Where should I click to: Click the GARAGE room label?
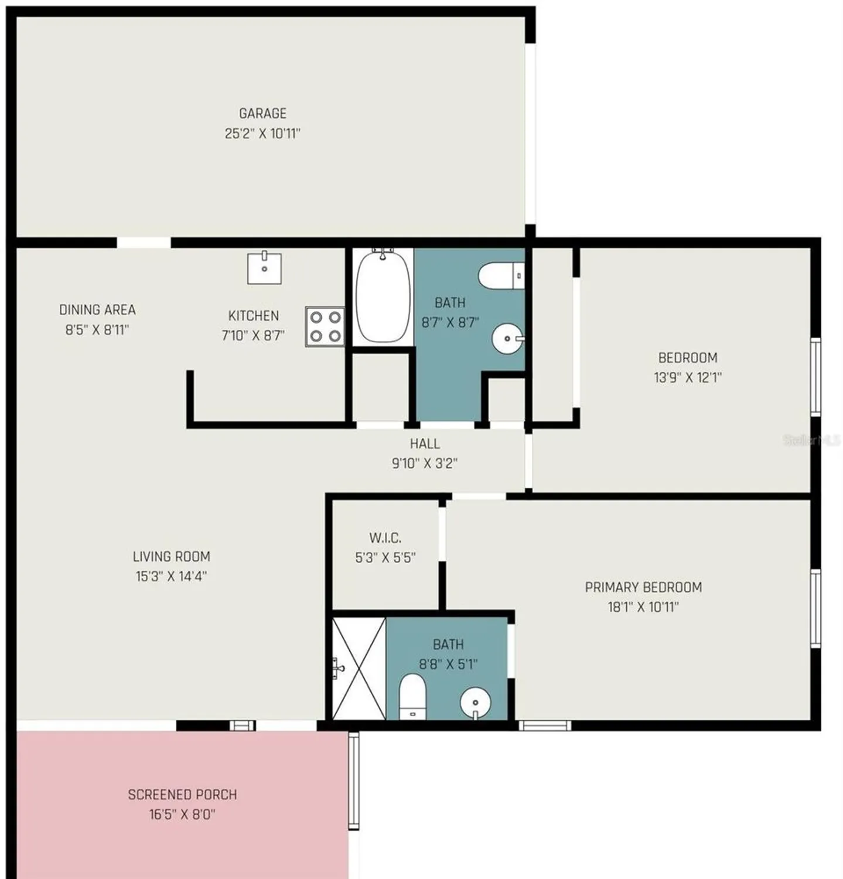click(262, 113)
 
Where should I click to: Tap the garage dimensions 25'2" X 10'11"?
click(262, 134)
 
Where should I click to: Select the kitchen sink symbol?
click(264, 268)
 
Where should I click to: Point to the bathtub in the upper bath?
click(383, 297)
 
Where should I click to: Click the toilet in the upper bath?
click(501, 275)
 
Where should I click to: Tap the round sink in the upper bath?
click(507, 339)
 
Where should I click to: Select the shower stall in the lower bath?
click(359, 668)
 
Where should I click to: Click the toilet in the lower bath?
click(412, 696)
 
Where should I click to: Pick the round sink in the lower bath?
click(475, 703)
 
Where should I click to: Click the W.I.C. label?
click(385, 538)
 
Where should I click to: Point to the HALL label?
click(425, 444)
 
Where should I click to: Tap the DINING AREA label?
click(97, 309)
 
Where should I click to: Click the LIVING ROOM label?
click(171, 556)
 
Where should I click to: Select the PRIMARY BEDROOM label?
click(643, 587)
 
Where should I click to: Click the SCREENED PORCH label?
click(182, 795)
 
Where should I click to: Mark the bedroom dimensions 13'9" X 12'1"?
click(688, 377)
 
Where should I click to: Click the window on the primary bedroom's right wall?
click(815, 608)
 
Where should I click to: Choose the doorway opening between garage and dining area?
click(144, 243)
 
